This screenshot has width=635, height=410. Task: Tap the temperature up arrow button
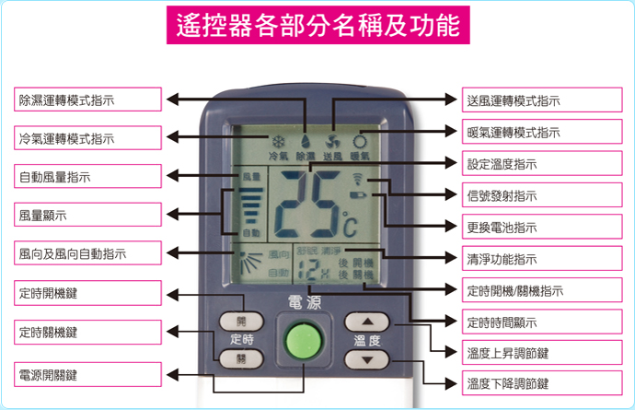[367, 322]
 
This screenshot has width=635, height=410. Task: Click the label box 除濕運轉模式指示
[88, 100]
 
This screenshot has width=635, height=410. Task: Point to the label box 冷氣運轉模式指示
[88, 138]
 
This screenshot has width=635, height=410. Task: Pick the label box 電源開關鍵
[88, 375]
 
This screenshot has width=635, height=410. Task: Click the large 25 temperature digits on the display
[304, 200]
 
